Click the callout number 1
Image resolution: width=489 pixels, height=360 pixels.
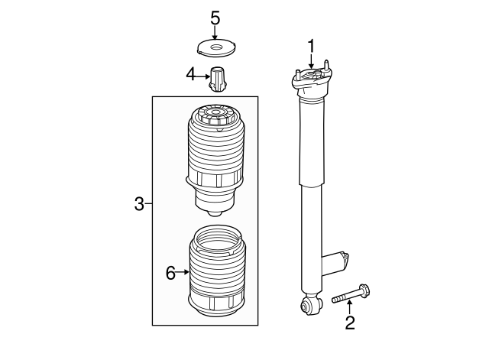(311, 46)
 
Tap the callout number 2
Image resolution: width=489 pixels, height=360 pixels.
(350, 323)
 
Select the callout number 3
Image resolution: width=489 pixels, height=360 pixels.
(139, 204)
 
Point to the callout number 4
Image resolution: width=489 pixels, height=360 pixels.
(190, 75)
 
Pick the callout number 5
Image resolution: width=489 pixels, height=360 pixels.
(215, 18)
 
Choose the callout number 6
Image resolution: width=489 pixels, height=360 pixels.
(170, 274)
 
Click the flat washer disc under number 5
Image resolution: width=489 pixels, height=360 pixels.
(216, 48)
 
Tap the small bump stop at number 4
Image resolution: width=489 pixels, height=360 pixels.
(217, 79)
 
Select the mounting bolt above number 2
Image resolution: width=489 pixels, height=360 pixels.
(351, 294)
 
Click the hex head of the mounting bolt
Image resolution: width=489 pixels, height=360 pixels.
(365, 290)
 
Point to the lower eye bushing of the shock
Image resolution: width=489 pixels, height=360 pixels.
(310, 305)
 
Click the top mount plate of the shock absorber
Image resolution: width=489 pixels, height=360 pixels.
(312, 79)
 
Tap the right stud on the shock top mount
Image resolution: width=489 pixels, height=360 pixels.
(326, 66)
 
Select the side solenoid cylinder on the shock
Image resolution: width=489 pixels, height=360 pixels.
(335, 264)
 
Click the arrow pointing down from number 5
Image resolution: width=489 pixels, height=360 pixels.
(215, 32)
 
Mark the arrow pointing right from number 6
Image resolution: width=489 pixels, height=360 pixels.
(183, 272)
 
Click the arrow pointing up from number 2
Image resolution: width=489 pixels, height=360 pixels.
(350, 306)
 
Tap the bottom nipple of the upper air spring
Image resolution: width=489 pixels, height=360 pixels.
(215, 213)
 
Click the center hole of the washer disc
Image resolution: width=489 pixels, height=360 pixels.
(215, 47)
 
